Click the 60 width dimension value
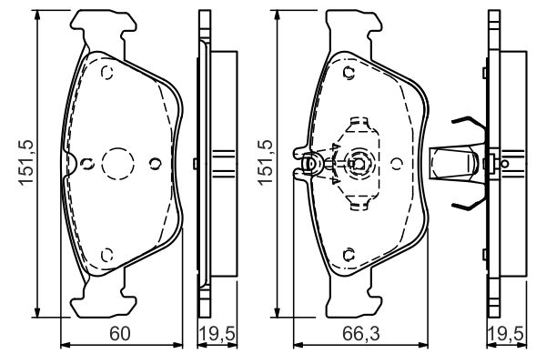tap(120, 333)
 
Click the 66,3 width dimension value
tap(360, 333)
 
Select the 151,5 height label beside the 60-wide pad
tap(26, 162)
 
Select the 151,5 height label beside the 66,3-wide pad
tap(266, 162)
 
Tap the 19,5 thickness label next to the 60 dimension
tap(217, 334)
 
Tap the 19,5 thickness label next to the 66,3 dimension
tap(506, 334)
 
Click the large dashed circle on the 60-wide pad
tap(117, 164)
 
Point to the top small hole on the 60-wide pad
tap(107, 73)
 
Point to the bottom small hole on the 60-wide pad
tap(107, 255)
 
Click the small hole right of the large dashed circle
tap(155, 163)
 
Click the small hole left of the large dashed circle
tap(86, 163)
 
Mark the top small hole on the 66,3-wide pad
tap(349, 73)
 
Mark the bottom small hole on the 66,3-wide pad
tap(349, 255)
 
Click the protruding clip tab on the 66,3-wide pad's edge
tap(302, 163)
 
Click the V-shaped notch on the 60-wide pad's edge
tap(71, 163)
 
